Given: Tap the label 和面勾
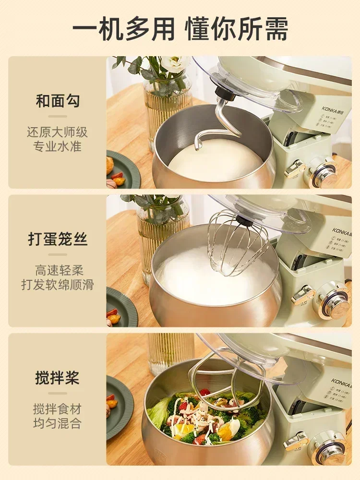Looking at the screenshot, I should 58,101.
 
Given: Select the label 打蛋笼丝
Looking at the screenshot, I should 58,239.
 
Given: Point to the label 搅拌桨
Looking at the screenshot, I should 58,377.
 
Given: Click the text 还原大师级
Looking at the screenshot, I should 58,132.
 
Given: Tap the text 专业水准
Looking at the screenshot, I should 58,146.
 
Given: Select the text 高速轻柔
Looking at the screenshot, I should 58,270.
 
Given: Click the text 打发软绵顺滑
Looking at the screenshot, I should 58,285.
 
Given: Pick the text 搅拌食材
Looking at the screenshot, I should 58,409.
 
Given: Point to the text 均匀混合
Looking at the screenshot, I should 58,423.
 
